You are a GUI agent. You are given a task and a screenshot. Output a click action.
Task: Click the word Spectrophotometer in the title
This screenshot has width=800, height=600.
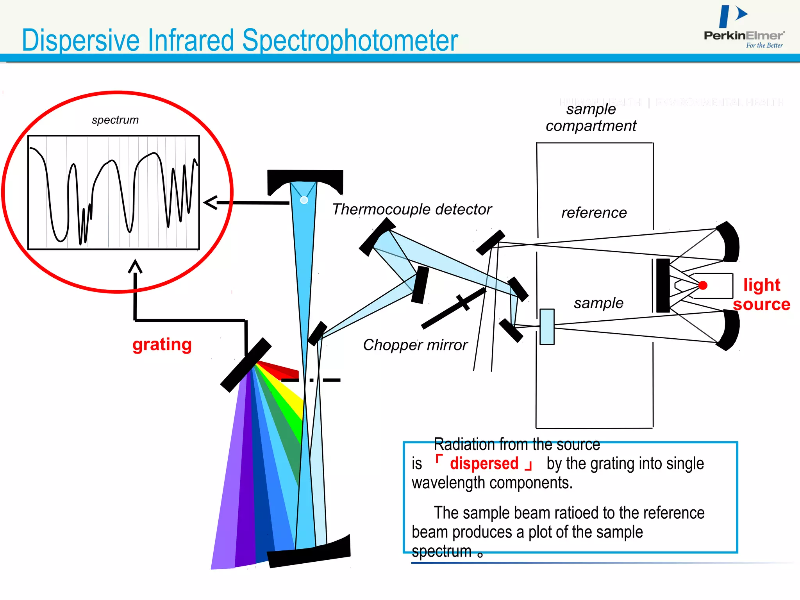pyautogui.click(x=350, y=40)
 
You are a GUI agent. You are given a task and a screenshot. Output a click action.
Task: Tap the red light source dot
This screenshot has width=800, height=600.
pyautogui.click(x=703, y=286)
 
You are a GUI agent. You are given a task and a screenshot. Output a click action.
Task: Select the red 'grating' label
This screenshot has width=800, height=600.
pyautogui.click(x=162, y=345)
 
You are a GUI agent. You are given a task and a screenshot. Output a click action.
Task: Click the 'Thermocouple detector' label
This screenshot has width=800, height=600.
pyautogui.click(x=411, y=209)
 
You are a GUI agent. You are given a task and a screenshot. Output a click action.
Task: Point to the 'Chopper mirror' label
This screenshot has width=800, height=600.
pyautogui.click(x=415, y=345)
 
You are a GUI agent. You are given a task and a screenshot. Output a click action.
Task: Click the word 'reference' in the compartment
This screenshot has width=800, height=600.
pyautogui.click(x=594, y=213)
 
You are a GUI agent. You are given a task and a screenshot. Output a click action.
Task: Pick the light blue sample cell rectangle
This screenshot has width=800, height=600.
pyautogui.click(x=547, y=327)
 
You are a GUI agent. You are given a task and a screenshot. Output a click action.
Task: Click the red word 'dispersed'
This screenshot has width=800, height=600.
pyautogui.click(x=484, y=464)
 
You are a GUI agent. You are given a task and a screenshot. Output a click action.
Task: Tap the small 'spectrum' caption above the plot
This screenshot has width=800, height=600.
pyautogui.click(x=115, y=120)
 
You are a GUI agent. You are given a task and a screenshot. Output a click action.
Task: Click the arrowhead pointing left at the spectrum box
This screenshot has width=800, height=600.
pyautogui.click(x=210, y=203)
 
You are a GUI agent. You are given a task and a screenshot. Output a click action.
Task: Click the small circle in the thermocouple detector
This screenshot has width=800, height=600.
pyautogui.click(x=304, y=200)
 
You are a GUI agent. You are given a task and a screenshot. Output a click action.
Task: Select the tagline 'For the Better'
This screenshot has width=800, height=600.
pyautogui.click(x=764, y=45)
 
